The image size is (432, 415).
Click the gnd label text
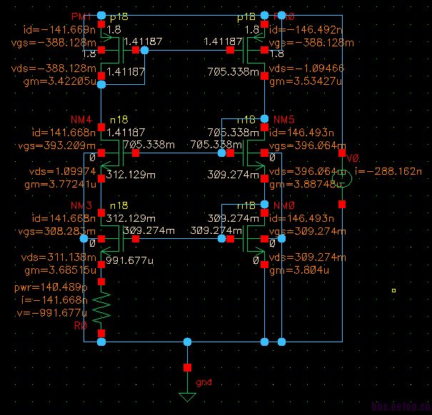tap(205, 382)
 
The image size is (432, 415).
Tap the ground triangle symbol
tap(187, 397)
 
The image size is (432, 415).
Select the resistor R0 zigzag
tap(101, 305)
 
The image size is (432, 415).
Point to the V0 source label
tap(352, 158)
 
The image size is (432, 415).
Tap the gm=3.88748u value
tap(304, 184)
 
